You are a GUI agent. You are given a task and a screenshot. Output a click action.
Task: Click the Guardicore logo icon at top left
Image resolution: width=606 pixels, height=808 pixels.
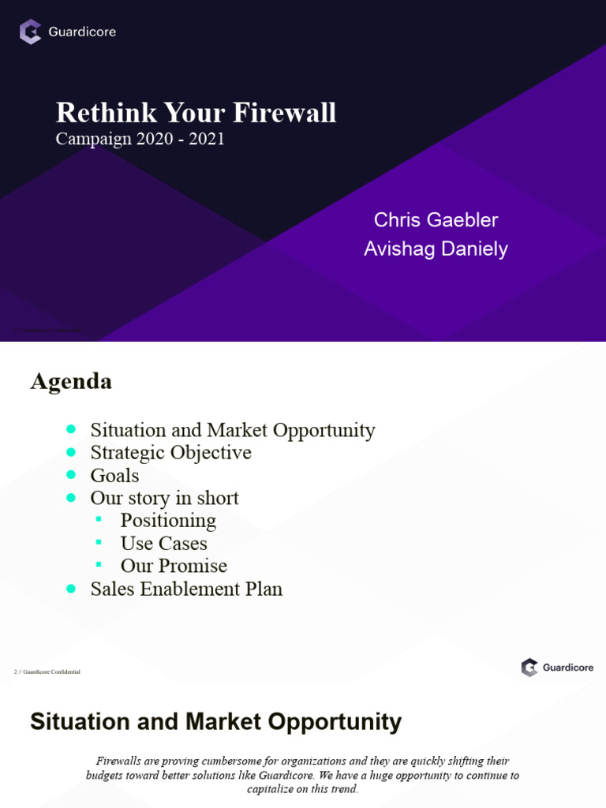pos(31,32)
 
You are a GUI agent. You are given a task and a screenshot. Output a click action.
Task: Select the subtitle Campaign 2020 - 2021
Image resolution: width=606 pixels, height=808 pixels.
pos(140,139)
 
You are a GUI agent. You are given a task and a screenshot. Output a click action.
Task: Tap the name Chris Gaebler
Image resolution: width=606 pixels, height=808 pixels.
pos(436,219)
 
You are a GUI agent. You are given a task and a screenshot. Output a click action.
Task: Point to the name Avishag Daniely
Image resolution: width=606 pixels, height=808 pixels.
pos(436,249)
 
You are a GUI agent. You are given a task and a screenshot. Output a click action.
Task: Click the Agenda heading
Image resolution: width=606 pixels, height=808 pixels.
pos(71,382)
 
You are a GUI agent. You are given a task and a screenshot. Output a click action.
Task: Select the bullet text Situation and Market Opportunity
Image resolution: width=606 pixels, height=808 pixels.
pos(233,430)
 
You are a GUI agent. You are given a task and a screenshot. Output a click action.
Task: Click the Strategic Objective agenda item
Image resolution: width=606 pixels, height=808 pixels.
pos(170,453)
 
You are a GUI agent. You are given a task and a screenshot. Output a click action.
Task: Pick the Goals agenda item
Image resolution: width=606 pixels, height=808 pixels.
pos(114,476)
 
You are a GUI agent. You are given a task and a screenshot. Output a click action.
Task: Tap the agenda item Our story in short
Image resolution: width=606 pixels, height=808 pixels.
pos(164,498)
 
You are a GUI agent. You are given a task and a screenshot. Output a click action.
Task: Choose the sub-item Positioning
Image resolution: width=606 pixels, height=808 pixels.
pos(168,521)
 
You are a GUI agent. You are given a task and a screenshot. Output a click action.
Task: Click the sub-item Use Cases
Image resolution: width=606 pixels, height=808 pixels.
pos(163,544)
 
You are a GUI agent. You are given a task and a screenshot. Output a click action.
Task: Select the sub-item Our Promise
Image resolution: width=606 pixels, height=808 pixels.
pos(174,566)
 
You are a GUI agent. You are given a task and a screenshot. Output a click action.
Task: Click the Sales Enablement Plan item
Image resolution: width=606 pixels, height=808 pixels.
pos(186,589)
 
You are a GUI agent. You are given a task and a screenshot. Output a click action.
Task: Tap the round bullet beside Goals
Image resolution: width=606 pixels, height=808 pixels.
pos(72,475)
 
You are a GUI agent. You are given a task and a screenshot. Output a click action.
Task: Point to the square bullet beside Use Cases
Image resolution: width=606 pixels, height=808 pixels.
pos(99,543)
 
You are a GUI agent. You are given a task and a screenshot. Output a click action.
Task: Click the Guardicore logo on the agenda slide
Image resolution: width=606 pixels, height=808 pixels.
pos(557,668)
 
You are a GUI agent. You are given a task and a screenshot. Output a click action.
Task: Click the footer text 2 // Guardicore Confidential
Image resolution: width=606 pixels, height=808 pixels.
pos(47,672)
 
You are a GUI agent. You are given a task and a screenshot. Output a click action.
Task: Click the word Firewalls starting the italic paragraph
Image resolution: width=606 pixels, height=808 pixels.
pos(121,761)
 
